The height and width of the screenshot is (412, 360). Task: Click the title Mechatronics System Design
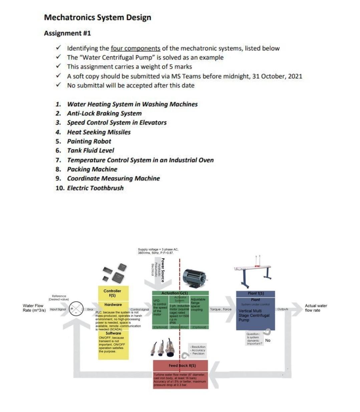(x=97, y=17)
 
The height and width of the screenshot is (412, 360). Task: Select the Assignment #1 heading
(x=67, y=33)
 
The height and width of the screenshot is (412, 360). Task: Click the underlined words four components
(x=135, y=48)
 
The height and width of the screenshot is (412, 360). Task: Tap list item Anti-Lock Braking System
(x=104, y=113)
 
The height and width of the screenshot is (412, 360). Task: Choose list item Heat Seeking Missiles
(x=99, y=132)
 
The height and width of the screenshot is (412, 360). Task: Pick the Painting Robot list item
(x=89, y=141)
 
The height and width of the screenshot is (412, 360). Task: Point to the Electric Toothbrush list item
(x=95, y=188)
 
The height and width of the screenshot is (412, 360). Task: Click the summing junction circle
(x=76, y=308)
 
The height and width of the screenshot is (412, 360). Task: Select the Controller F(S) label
(x=112, y=293)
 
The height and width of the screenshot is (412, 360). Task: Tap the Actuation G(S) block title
(x=174, y=293)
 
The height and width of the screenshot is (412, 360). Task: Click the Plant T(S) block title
(x=256, y=293)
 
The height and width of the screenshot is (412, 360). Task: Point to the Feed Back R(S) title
(x=182, y=365)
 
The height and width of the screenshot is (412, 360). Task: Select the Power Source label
(x=163, y=270)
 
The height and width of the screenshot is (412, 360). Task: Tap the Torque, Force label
(x=221, y=309)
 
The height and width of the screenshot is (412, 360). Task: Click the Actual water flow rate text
(x=316, y=308)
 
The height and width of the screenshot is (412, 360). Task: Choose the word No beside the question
(x=268, y=340)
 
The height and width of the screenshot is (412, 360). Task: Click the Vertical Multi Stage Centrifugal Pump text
(x=254, y=315)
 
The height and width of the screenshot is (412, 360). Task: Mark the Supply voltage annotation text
(x=158, y=251)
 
